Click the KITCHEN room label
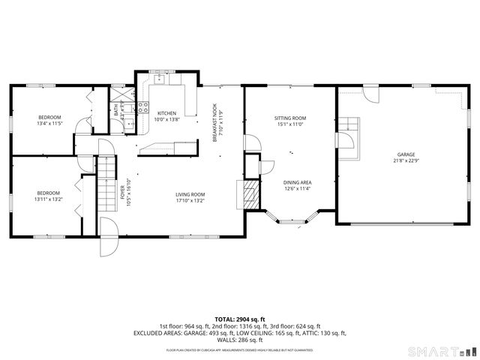pyautogui.click(x=166, y=113)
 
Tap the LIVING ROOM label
pyautogui.click(x=190, y=195)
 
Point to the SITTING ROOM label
pyautogui.click(x=289, y=118)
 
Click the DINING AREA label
pyautogui.click(x=297, y=182)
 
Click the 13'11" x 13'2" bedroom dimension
pyautogui.click(x=49, y=198)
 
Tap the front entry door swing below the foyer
pyautogui.click(x=109, y=237)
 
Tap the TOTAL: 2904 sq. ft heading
pyautogui.click(x=239, y=319)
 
